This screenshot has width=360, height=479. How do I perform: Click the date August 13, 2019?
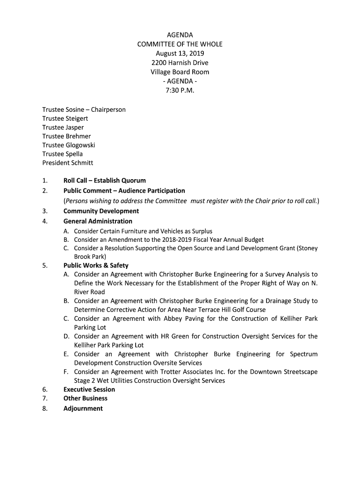180,53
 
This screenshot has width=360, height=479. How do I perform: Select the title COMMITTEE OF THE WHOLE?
180,44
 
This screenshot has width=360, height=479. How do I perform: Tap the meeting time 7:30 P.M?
180,90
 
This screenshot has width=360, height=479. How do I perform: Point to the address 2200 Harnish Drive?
180,63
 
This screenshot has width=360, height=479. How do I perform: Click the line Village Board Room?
180,72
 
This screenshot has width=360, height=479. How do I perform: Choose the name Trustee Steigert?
65,118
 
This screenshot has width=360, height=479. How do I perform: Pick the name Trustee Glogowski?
69,145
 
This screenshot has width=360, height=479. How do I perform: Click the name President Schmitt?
68,163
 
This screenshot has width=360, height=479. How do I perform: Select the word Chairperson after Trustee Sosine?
108,109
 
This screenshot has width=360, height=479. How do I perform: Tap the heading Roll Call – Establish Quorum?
105,181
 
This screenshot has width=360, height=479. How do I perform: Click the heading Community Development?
101,211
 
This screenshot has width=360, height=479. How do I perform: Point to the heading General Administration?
98,221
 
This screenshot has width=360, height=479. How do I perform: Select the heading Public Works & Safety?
96,266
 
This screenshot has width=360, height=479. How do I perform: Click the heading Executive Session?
89,390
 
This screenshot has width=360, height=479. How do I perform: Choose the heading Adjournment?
83,408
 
